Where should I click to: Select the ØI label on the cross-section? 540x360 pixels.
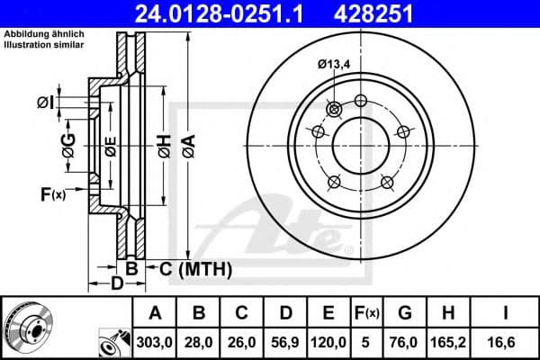pos(45,102)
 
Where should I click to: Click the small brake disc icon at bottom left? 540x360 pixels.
pos(24,326)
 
